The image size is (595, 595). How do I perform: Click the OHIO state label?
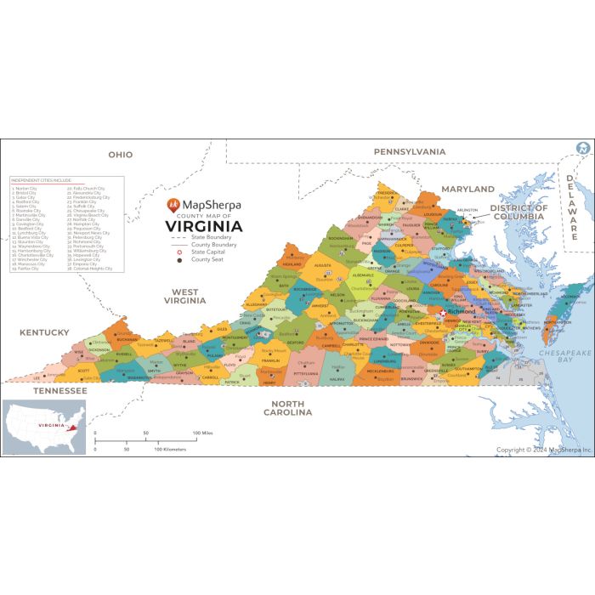[x=120, y=155]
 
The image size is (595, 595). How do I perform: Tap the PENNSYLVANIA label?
[x=410, y=151]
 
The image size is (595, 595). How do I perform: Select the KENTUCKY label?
[x=45, y=332]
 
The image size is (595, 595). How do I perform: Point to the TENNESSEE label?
[x=59, y=391]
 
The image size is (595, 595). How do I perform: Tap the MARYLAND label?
[x=467, y=189]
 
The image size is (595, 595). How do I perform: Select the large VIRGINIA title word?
[x=203, y=226]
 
